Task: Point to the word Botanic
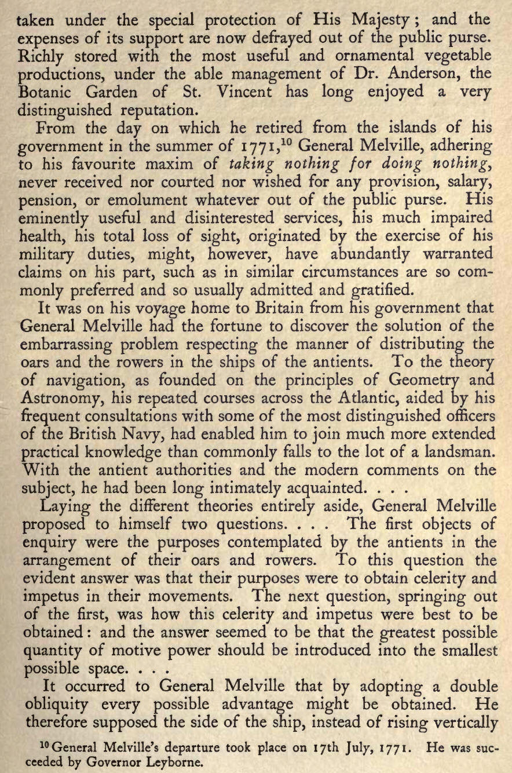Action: click(48, 93)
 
